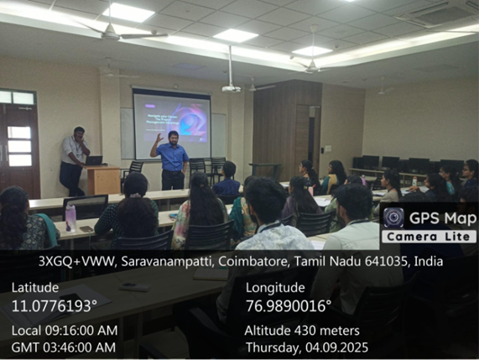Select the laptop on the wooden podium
(95, 160)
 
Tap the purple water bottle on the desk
(70, 217)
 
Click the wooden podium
(103, 180)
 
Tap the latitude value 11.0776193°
(55, 305)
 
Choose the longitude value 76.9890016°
(289, 305)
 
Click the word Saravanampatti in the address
(157, 262)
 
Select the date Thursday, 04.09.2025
(306, 347)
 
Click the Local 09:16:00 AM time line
(65, 330)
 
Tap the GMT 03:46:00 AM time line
(64, 347)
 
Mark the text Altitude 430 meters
(302, 330)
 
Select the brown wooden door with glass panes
(18, 143)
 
